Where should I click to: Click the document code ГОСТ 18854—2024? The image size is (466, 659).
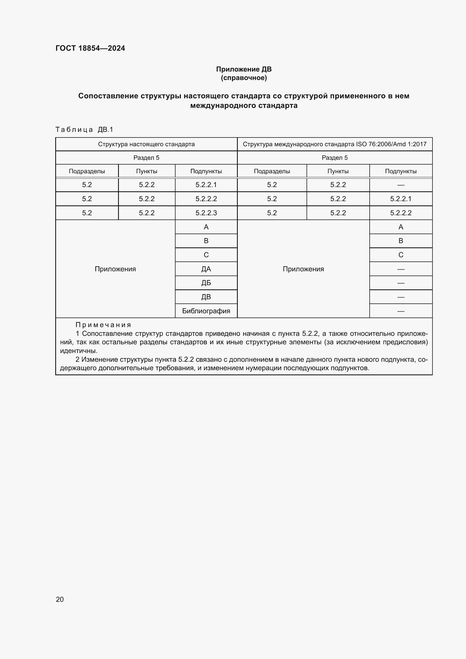[x=90, y=48]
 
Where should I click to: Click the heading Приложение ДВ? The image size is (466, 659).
[x=244, y=69]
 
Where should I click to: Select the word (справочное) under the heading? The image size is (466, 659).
[x=244, y=78]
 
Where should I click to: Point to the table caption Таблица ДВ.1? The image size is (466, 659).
[x=84, y=130]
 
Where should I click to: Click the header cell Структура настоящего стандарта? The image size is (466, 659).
[x=146, y=144]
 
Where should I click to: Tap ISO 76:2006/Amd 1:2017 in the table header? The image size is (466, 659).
[x=391, y=144]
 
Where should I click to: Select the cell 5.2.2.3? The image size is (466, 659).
[x=206, y=213]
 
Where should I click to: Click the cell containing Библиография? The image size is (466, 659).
[x=206, y=311]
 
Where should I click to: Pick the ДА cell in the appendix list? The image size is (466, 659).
[x=206, y=269]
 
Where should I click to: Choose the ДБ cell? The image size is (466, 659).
[x=206, y=283]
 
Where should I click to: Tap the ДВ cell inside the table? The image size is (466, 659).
[x=206, y=297]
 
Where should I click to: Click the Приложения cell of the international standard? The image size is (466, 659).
[x=303, y=269]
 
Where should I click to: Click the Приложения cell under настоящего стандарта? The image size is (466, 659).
[x=115, y=269]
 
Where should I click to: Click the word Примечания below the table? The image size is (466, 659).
[x=103, y=325]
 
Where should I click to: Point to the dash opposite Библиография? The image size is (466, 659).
[x=401, y=311]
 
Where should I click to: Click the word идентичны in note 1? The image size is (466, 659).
[x=78, y=351]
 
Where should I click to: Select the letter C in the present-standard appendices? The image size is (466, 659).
[x=206, y=255]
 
